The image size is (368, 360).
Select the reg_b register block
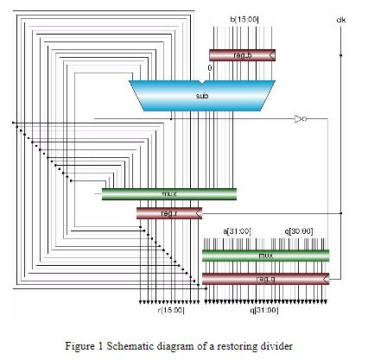pos(242,55)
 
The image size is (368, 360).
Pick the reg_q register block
pos(264,277)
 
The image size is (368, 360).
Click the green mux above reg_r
pos(168,194)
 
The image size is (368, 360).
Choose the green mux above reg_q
pos(264,256)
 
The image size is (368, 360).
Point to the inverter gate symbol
pos(299,117)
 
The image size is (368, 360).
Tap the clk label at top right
pos(340,18)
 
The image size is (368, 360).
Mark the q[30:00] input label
pos(298,231)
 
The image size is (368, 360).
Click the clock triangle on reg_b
pos(272,55)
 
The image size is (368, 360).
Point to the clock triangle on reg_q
pos(326,277)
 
